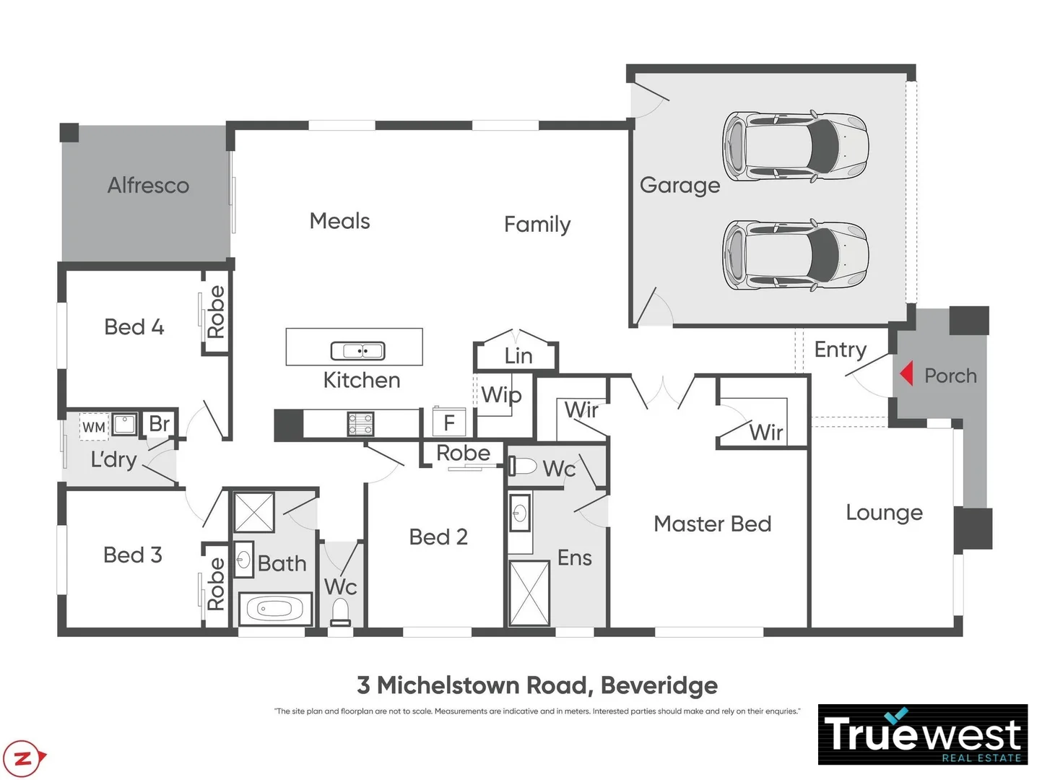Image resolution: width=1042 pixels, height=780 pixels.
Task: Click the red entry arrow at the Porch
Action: pos(906,374)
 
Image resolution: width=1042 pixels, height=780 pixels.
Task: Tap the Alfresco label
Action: pos(148,186)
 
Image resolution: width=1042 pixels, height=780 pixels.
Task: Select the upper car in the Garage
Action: pos(795,145)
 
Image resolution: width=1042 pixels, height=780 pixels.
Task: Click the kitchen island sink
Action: pos(357,351)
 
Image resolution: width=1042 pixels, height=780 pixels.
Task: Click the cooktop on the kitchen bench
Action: pos(360,424)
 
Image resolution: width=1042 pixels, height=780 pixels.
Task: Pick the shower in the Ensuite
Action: pos(529,592)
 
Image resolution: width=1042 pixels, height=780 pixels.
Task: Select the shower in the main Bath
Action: pos(254,512)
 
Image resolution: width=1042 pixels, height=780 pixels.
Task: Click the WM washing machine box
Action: pos(94,427)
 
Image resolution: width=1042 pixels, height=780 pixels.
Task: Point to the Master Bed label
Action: pos(712,524)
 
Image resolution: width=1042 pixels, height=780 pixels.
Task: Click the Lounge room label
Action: pos(884,513)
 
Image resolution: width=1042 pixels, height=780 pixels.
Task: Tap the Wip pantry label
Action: pos(501,395)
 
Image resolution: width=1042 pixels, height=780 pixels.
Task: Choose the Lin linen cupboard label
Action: pos(518,356)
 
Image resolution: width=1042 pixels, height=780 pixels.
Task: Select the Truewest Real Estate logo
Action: pos(922,734)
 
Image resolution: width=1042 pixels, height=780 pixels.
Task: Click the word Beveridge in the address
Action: pos(659,685)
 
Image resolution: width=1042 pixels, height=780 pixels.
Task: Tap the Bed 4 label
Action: pos(134,327)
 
